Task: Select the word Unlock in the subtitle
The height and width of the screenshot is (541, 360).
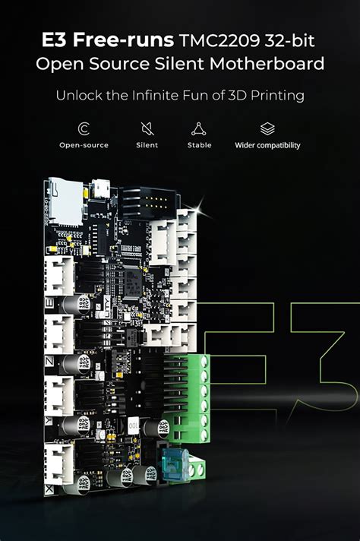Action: (75, 96)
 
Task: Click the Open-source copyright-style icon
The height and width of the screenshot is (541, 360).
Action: (84, 128)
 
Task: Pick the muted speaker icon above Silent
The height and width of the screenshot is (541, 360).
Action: (147, 128)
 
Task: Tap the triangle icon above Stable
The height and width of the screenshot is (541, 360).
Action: (199, 128)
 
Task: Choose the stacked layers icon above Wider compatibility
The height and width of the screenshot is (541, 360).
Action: (267, 128)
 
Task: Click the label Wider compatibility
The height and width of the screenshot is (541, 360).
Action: (267, 145)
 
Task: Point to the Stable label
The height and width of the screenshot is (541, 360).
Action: (199, 145)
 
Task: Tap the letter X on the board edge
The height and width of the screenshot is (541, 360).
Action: (50, 490)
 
